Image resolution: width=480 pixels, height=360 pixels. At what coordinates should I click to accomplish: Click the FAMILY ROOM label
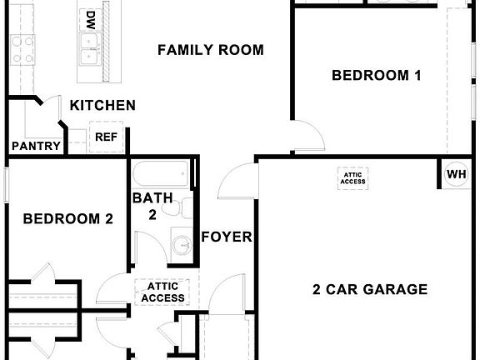[211, 50]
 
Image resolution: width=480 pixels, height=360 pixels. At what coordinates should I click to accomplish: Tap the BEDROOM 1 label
[376, 75]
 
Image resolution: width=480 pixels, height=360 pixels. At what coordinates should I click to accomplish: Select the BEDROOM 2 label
[67, 219]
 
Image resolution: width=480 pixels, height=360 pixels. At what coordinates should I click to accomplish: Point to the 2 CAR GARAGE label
[370, 290]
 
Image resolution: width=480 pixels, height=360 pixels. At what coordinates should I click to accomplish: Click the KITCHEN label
[102, 105]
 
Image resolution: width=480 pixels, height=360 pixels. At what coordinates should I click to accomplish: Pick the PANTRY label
[36, 146]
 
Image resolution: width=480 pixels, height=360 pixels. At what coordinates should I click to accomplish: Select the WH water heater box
[457, 174]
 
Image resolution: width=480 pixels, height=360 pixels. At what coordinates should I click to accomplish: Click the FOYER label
[227, 237]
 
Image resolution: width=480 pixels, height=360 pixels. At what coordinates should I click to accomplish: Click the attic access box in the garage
[353, 177]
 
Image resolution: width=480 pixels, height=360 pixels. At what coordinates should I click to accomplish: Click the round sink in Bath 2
[183, 246]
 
